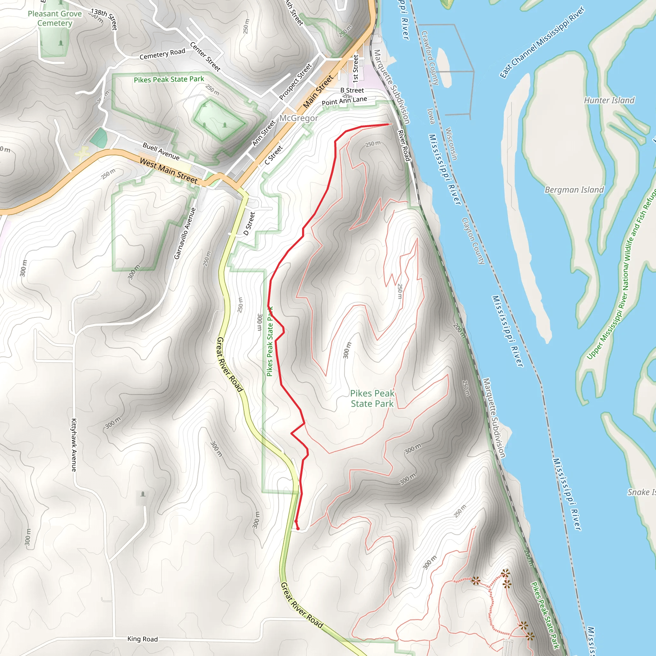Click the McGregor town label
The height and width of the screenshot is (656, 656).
point(299,118)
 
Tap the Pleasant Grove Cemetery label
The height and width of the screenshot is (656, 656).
point(55,18)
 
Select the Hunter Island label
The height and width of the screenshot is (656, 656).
point(609,100)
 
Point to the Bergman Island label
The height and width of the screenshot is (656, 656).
point(574,190)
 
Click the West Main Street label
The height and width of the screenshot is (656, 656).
point(168,171)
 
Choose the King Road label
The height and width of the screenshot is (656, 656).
point(142,639)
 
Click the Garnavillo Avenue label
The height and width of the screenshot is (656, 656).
point(185,234)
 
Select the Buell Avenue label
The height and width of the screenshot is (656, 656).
point(161,151)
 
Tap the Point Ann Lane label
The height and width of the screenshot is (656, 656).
point(344,101)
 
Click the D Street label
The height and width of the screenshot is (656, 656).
point(249,224)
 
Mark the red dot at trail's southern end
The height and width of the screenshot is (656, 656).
point(298,528)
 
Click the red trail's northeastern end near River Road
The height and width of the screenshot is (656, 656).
point(388,124)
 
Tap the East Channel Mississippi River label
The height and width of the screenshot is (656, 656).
point(542,42)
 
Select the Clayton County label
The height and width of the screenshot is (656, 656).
point(473,241)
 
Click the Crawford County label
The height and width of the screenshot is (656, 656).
point(430,58)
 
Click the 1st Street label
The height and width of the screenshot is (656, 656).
point(356,69)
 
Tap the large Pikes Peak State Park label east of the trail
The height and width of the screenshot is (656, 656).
point(372,398)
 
